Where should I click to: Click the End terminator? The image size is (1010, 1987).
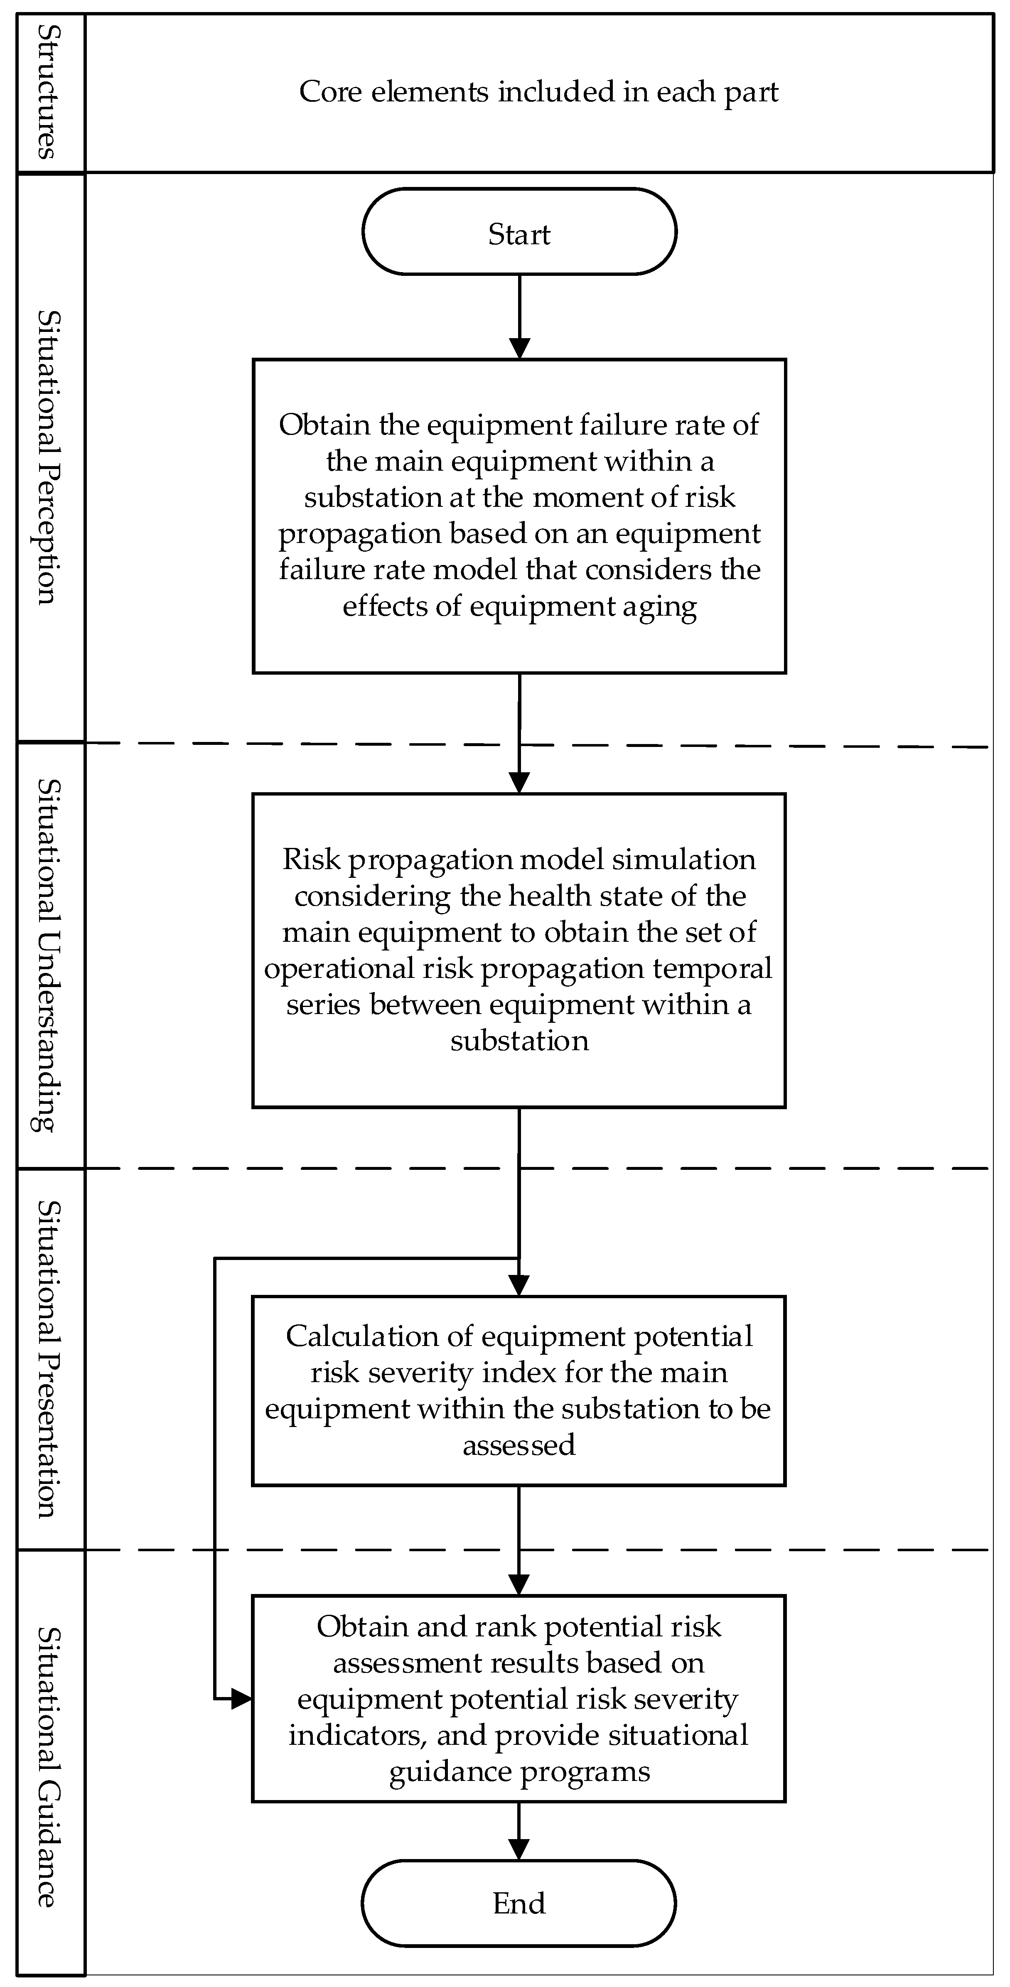[519, 1903]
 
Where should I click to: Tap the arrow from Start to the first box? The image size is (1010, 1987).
[519, 316]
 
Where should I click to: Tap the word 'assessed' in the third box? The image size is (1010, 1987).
[519, 1445]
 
